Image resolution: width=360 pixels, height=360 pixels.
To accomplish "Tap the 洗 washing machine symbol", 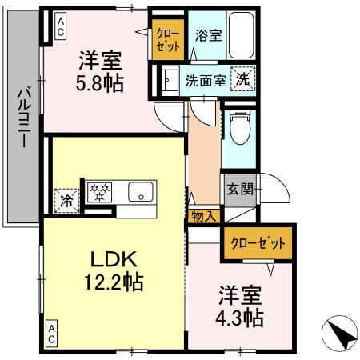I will pos(242,78).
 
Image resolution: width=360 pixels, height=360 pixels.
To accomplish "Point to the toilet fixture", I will pos(238,128).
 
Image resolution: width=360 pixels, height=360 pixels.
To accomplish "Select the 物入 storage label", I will pos(203,216).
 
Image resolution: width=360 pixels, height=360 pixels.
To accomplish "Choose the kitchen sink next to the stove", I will pos(141,192).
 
